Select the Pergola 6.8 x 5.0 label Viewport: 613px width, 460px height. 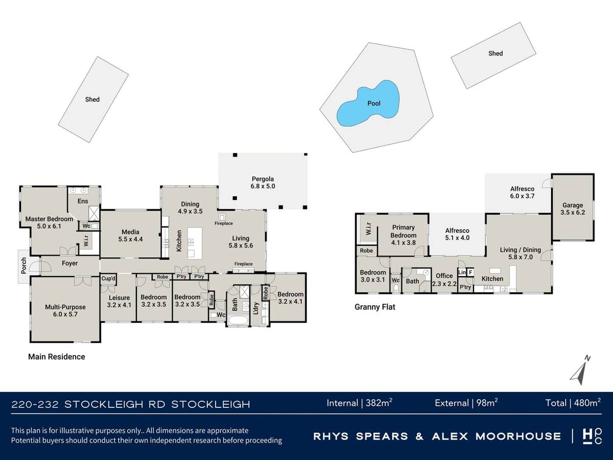[x=263, y=183]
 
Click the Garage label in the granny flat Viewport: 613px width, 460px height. [x=573, y=209]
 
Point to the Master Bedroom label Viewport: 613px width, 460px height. [x=49, y=222]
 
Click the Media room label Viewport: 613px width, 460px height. [x=131, y=236]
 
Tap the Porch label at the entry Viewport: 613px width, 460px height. [x=23, y=266]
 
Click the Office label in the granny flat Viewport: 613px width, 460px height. [x=444, y=279]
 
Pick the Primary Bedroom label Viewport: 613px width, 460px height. [x=403, y=231]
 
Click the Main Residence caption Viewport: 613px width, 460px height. [x=56, y=357]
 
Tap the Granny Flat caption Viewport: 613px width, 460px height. [x=375, y=307]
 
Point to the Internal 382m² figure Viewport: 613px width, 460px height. [x=359, y=403]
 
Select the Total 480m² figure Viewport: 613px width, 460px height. [x=573, y=403]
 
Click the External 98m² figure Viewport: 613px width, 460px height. [x=466, y=403]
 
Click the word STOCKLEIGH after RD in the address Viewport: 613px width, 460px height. [x=210, y=405]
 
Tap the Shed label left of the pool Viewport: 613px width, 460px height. [x=92, y=99]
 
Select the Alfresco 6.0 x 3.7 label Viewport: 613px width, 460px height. [x=522, y=192]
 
